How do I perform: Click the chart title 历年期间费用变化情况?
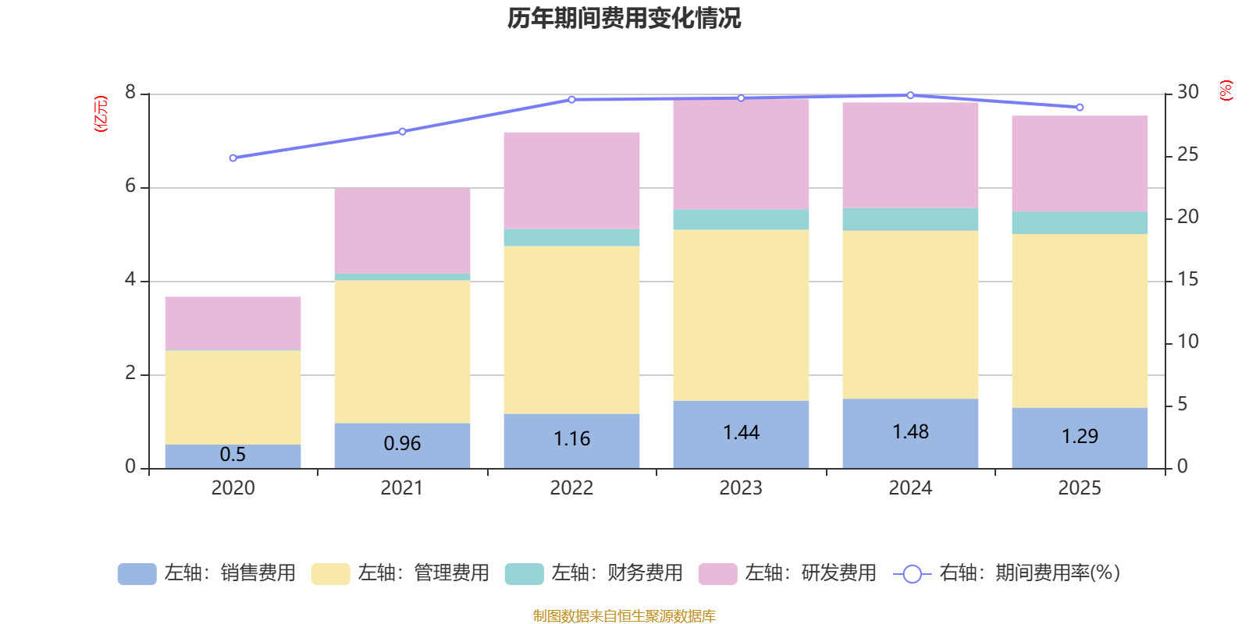[x=624, y=18]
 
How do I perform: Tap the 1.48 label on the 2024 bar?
[x=910, y=432]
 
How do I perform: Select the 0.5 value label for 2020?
[x=233, y=455]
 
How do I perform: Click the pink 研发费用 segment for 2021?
[x=402, y=231]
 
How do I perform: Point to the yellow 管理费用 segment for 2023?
[x=741, y=315]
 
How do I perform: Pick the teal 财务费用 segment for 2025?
[x=1080, y=223]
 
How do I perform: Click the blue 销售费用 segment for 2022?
[x=571, y=441]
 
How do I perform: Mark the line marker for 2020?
[x=233, y=158]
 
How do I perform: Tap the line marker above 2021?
[x=402, y=132]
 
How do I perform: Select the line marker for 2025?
[x=1080, y=108]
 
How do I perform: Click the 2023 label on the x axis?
[x=741, y=488]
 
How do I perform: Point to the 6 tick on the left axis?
[x=130, y=186]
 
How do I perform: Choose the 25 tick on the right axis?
[x=1187, y=154]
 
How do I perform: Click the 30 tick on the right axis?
[x=1187, y=92]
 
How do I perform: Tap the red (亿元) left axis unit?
[x=100, y=114]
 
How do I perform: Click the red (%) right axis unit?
[x=1226, y=90]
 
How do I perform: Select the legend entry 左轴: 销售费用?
[x=207, y=573]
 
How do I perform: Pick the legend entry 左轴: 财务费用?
[x=594, y=573]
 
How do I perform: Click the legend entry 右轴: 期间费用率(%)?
[x=1007, y=573]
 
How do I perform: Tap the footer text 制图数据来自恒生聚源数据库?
[x=624, y=616]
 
